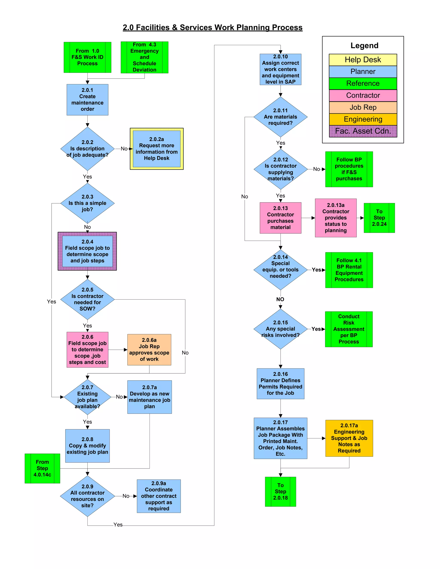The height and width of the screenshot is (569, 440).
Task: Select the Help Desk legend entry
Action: tap(363, 60)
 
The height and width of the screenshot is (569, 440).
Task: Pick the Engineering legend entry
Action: tap(363, 119)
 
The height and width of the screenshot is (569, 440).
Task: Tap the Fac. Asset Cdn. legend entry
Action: tap(363, 131)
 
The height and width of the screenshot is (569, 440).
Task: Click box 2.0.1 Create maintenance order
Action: tap(87, 100)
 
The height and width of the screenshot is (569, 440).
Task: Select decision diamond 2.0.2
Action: tap(87, 149)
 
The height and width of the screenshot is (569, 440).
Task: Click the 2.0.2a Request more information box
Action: tap(156, 149)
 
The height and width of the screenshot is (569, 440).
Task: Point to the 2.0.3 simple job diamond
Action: tap(87, 203)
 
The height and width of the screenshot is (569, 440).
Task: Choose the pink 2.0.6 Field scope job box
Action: tap(87, 349)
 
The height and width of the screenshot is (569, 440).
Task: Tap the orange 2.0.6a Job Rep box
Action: tap(149, 349)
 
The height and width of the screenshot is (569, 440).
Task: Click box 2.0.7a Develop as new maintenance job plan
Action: tap(149, 397)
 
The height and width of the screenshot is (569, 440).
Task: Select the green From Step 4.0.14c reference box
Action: tap(42, 468)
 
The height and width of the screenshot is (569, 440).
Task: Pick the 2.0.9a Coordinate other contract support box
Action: tap(159, 496)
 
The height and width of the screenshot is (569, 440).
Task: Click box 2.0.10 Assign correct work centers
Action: tap(280, 69)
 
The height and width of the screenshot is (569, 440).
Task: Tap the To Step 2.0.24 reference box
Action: tap(379, 218)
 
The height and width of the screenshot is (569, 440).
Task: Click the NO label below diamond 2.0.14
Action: tap(280, 299)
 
